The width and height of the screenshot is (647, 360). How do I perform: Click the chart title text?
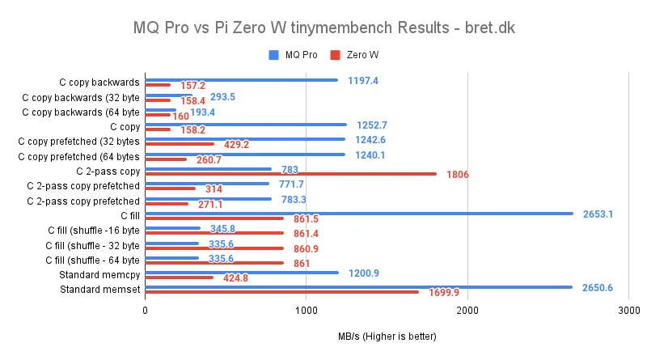(x=323, y=28)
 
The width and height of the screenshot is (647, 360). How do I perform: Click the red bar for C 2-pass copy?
(x=290, y=173)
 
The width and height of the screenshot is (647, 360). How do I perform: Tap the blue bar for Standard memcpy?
(x=242, y=273)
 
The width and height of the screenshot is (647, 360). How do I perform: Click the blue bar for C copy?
(x=246, y=125)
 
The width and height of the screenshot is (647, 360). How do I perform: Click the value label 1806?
(x=457, y=174)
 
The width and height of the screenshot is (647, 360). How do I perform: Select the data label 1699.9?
(x=444, y=293)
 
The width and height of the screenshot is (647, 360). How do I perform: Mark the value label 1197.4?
(x=363, y=80)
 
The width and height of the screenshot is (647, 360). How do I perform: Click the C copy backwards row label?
(x=99, y=82)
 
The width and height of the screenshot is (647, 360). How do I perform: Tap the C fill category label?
(x=129, y=215)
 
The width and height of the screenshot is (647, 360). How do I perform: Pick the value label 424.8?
(x=234, y=278)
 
